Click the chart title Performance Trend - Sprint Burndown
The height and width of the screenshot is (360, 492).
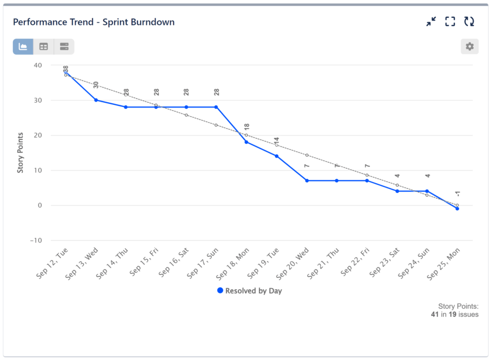click(x=94, y=22)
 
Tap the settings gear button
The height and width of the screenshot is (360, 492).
click(x=469, y=46)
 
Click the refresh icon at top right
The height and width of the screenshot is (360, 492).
click(x=469, y=22)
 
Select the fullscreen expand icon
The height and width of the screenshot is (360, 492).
click(x=450, y=22)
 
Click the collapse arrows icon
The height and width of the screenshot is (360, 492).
click(x=431, y=22)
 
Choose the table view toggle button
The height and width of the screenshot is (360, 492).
click(x=44, y=46)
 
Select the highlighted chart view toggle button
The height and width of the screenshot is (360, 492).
click(x=23, y=46)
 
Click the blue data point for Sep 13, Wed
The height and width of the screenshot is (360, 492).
click(x=96, y=100)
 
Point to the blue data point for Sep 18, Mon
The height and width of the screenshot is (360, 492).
click(x=247, y=142)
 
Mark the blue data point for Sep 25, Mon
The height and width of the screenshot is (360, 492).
click(x=457, y=209)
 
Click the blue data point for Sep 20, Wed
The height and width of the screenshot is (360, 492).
click(x=307, y=181)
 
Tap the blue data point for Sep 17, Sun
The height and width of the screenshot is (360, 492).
click(x=216, y=107)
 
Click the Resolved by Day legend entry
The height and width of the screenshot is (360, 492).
click(x=249, y=291)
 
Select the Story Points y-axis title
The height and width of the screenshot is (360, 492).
click(x=21, y=152)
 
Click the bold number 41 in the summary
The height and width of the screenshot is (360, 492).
click(x=435, y=314)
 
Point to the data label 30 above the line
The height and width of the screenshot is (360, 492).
click(x=96, y=85)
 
